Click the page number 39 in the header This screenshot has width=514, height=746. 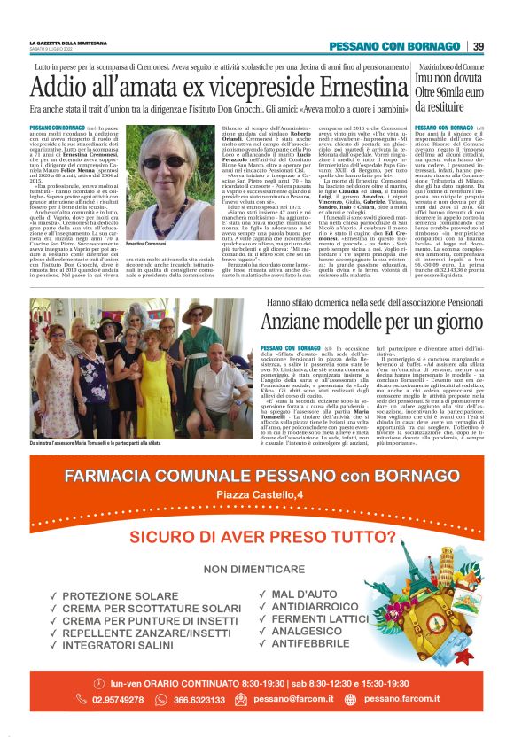coord(478,46)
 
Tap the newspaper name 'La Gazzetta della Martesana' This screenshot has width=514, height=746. coord(68,43)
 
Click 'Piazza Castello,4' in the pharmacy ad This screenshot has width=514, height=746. coord(257,493)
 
